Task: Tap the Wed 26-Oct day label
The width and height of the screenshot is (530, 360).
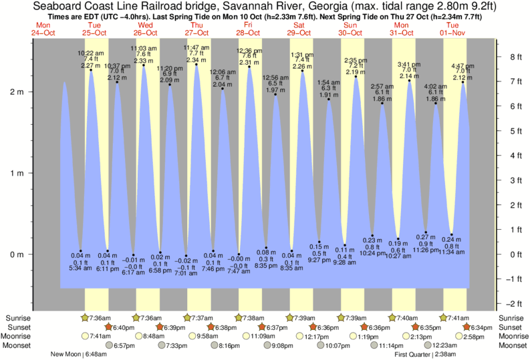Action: point(145,29)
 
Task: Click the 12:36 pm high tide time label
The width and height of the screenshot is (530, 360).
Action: point(250,51)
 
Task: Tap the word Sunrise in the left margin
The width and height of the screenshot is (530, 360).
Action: point(17,318)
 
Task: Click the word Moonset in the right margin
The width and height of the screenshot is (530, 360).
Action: point(511,346)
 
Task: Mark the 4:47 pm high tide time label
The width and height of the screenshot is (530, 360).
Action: point(462,66)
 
